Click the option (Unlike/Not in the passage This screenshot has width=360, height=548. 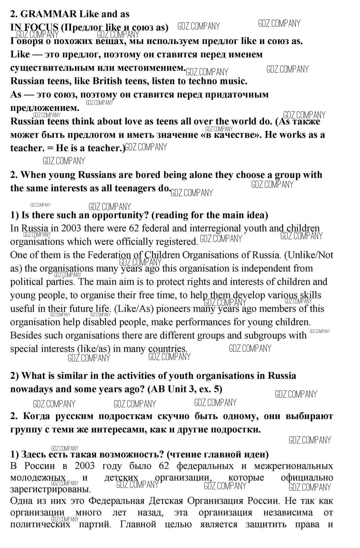coord(309,255)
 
